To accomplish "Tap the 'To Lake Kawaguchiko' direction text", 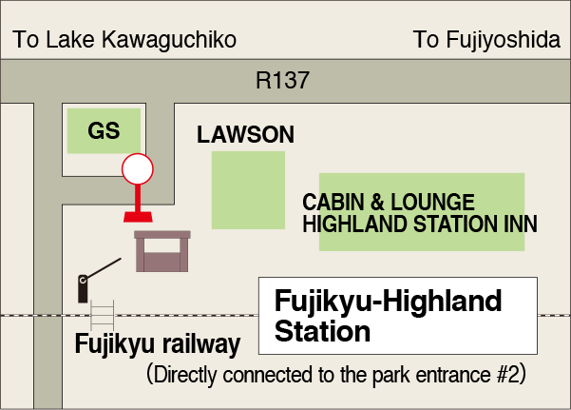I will [124, 40].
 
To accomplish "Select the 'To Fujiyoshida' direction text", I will [486, 40].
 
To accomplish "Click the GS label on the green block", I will [104, 131].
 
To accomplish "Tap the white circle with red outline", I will [138, 169].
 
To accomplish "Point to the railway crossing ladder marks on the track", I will [102, 314].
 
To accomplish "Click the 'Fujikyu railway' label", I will [157, 343].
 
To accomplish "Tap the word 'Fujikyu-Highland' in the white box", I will [388, 303].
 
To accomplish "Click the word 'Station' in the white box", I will [322, 332].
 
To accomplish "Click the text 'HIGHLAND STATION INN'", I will [419, 225].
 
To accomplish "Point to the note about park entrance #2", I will [336, 374].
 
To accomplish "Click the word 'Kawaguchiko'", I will [177, 40].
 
